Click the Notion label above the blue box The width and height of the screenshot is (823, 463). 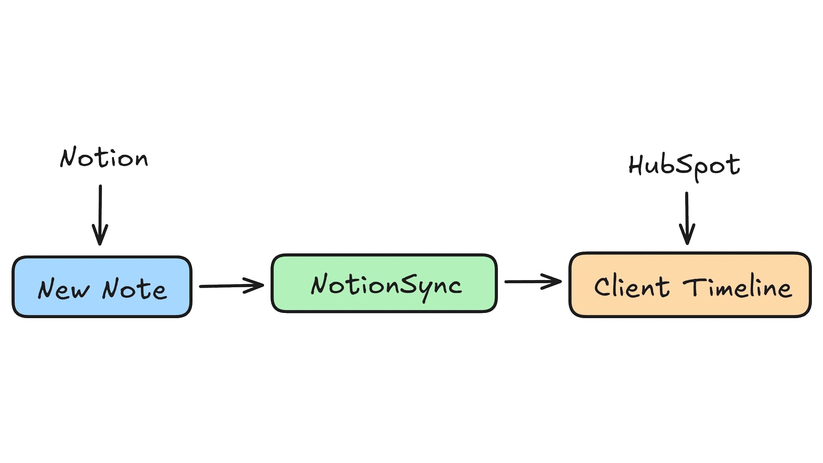coord(104,158)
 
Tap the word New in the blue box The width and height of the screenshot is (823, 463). coord(63,289)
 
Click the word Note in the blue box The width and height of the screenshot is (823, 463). coord(134,289)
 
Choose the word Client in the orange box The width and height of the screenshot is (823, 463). coord(631,286)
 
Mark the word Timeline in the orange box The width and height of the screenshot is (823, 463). coord(737,287)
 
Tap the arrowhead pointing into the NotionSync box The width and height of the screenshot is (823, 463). coord(256,286)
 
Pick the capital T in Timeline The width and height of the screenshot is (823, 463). coord(693,286)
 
